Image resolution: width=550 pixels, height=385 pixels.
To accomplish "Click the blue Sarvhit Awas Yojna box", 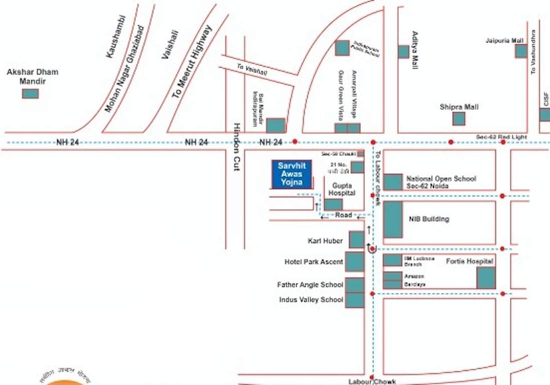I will click(291, 174).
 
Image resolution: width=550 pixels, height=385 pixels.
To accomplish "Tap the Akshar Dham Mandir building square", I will click(30, 93).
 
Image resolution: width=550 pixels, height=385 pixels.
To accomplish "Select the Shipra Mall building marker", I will click(458, 119).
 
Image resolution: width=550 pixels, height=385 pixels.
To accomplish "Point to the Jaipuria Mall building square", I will click(521, 51).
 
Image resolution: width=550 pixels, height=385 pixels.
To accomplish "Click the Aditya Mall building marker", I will click(403, 52).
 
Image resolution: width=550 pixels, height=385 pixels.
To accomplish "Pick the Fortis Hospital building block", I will click(485, 278).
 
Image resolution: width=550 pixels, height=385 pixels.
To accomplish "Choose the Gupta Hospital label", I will click(342, 189).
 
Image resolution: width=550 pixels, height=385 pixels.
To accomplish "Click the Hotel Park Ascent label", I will click(314, 262).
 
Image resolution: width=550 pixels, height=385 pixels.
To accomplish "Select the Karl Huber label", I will click(326, 241).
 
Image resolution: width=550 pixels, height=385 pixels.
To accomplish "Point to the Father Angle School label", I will click(310, 285).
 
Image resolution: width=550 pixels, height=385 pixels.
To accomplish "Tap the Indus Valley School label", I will click(311, 300).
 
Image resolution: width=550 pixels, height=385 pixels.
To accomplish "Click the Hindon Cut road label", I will click(237, 147).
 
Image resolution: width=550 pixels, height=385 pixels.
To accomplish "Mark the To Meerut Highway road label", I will click(192, 61).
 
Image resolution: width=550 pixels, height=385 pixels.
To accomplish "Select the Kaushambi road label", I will click(116, 37).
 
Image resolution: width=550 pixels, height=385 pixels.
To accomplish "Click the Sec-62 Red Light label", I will click(494, 136).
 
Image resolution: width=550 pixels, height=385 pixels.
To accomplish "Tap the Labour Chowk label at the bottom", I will click(372, 381).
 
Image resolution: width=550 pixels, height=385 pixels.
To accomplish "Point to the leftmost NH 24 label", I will click(68, 142).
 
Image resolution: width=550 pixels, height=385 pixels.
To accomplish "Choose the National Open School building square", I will click(393, 181).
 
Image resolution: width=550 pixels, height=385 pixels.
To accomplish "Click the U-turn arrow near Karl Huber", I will click(371, 248).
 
